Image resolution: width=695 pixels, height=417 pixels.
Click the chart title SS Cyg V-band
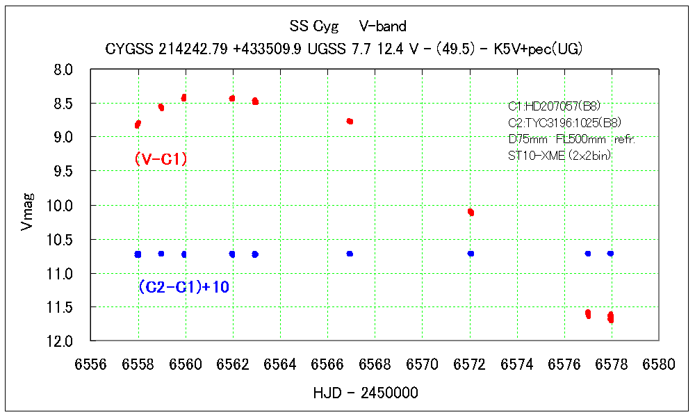tap(347, 26)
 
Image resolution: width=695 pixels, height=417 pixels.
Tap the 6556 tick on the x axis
tap(91, 365)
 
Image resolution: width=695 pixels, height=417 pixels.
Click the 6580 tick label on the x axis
tap(659, 365)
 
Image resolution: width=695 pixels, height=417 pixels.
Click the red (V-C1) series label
tap(161, 160)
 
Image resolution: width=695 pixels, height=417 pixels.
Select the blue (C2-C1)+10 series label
tap(183, 287)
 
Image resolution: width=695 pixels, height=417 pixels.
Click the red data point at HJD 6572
tap(471, 212)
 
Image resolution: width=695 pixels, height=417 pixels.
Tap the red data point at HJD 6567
tap(350, 122)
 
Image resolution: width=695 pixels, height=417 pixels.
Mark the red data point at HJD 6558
tap(138, 124)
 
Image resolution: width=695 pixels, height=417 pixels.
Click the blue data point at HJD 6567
tap(350, 254)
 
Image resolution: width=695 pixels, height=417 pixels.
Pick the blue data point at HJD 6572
tap(471, 254)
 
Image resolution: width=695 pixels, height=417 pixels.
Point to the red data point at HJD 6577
tap(588, 314)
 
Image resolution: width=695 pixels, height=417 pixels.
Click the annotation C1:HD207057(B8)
tap(554, 106)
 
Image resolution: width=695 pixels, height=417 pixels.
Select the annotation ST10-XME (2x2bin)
tap(560, 156)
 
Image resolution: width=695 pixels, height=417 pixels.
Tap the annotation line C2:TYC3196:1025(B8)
tap(564, 123)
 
